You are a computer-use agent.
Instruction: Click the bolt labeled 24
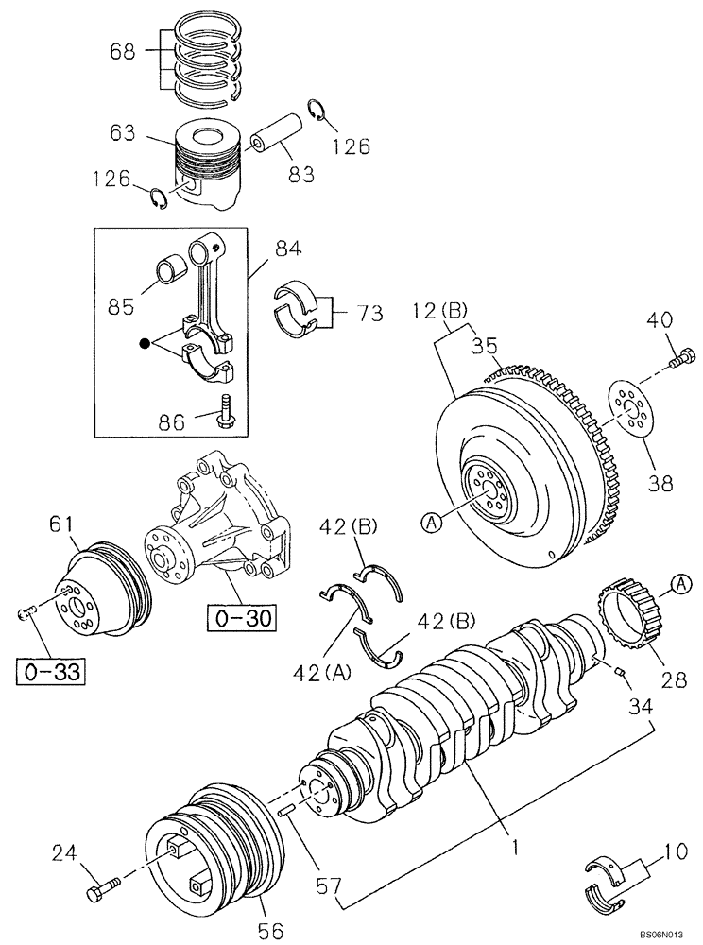click(x=102, y=890)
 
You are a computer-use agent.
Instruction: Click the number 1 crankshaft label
click(x=516, y=848)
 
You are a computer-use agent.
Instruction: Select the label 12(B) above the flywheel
click(x=442, y=309)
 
